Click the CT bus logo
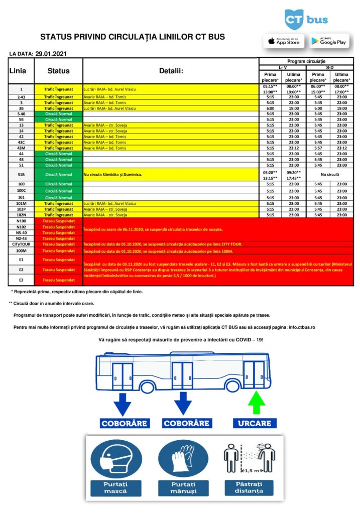click(306, 20)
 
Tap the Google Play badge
click(329, 41)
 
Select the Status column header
click(58, 71)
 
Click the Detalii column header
click(171, 71)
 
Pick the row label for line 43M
click(21, 148)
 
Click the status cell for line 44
click(58, 154)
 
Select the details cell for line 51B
click(171, 175)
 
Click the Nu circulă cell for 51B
click(330, 175)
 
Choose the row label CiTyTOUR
click(21, 244)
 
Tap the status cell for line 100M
click(58, 250)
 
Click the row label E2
click(21, 270)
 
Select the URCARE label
click(255, 423)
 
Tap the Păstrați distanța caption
click(249, 487)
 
